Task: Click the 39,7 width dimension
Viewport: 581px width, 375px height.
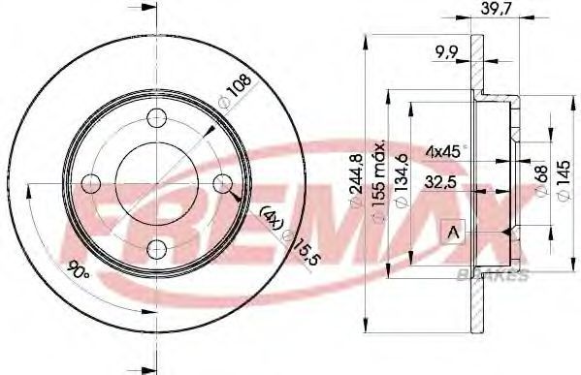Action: (497, 9)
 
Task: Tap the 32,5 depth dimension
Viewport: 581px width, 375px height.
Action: (441, 182)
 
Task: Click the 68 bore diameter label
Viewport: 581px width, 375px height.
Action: (541, 179)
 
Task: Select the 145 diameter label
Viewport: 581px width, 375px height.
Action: (564, 180)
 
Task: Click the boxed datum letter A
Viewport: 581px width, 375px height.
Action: (453, 233)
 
